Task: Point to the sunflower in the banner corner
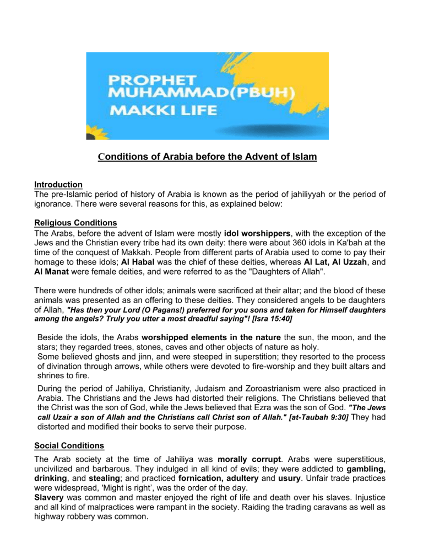point(95,134)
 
